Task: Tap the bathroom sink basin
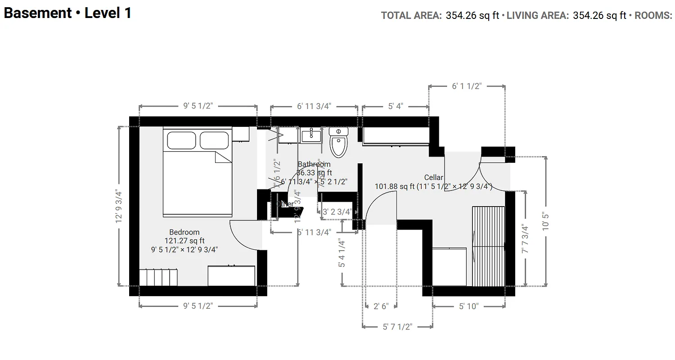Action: [x=310, y=135]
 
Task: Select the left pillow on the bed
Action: [x=181, y=140]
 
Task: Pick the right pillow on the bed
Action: [x=215, y=140]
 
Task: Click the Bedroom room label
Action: [x=184, y=232]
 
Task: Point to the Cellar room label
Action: [x=434, y=178]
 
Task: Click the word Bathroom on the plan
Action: [x=314, y=165]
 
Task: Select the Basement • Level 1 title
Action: [x=67, y=13]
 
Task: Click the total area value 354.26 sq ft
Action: [x=472, y=16]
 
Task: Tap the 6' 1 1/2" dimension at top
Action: [x=467, y=86]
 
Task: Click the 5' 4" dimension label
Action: [x=396, y=107]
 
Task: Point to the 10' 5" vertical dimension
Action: [x=546, y=221]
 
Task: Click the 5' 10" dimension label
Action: [x=469, y=306]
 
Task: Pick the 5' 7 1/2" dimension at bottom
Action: [x=397, y=327]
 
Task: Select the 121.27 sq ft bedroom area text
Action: [x=184, y=241]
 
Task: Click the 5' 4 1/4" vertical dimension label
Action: [x=342, y=253]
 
